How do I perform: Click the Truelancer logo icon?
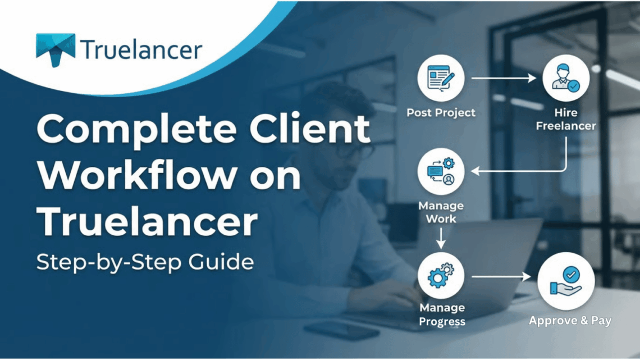point(55,50)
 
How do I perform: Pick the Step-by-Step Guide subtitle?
point(145,262)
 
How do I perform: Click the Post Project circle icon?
point(441,79)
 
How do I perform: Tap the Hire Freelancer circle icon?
point(565,79)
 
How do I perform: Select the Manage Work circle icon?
point(441,172)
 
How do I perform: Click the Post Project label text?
point(441,112)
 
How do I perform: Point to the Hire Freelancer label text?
point(565,119)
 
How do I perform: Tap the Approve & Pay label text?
point(570,321)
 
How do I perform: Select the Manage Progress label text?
point(442,315)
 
